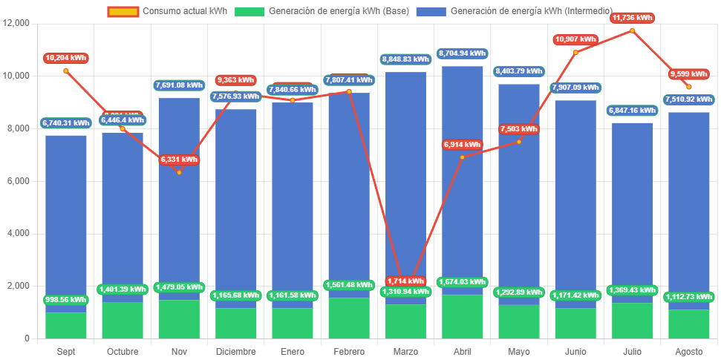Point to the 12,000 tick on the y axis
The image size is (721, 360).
point(16,23)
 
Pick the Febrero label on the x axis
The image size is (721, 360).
point(349,351)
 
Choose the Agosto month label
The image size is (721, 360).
point(688,351)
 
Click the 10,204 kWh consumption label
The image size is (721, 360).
point(65,58)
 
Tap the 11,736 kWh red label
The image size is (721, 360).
point(632,17)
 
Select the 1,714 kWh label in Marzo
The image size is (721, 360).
point(405,281)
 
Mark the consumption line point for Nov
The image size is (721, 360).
point(179,172)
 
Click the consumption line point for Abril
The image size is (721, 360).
point(462,157)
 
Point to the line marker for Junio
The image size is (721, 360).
point(575,52)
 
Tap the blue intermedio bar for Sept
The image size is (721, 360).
point(66,215)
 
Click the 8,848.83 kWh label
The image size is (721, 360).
point(405,59)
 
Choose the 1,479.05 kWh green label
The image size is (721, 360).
point(179,287)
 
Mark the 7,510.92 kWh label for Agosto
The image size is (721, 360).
point(688,99)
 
